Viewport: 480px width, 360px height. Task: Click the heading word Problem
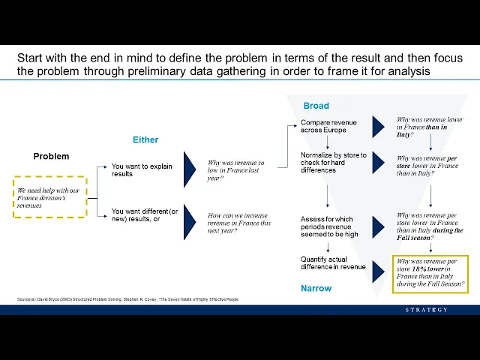(x=51, y=156)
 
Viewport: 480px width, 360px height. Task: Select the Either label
(x=145, y=139)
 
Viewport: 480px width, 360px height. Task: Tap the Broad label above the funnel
(x=316, y=106)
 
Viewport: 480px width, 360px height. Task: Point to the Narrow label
(x=316, y=288)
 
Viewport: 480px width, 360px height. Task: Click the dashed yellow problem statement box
(x=49, y=197)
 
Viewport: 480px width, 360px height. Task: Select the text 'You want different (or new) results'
(x=145, y=214)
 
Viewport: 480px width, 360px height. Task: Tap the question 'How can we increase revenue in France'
(x=239, y=223)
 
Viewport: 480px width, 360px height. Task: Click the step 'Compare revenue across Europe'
(x=328, y=126)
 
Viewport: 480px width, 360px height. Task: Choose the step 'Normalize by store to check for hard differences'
(x=334, y=163)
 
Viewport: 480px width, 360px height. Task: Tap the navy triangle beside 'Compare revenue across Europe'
(x=378, y=127)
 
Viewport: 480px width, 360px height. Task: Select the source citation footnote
(x=127, y=299)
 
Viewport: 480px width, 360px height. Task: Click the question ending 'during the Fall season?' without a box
(x=430, y=226)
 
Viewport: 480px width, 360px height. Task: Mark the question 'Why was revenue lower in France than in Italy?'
(x=430, y=127)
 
